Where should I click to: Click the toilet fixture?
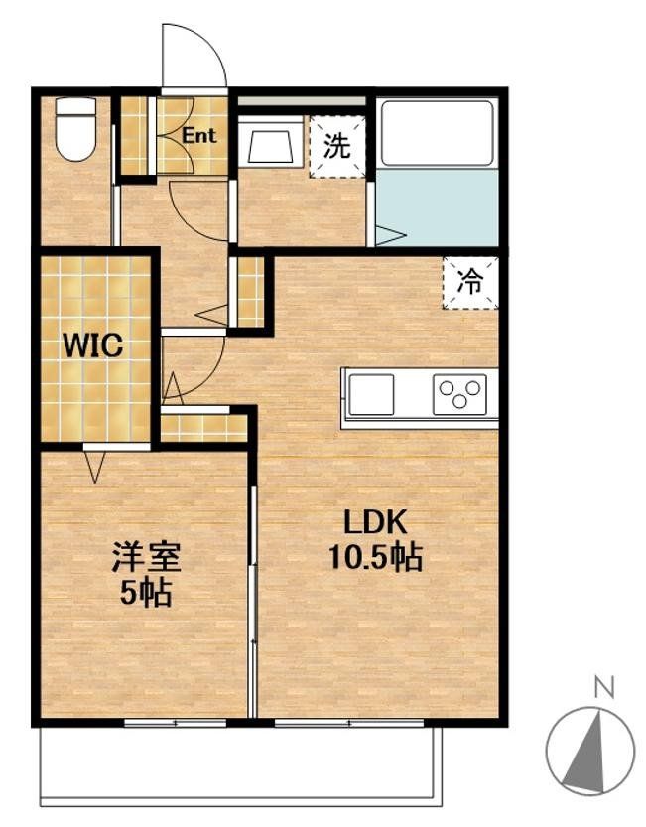pyautogui.click(x=74, y=127)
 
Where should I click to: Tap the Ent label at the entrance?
pyautogui.click(x=198, y=137)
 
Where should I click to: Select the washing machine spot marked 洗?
pyautogui.click(x=337, y=148)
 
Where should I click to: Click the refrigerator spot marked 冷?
pyautogui.click(x=469, y=282)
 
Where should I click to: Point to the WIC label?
pyautogui.click(x=92, y=346)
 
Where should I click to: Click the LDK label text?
pyautogui.click(x=376, y=523)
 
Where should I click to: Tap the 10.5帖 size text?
pyautogui.click(x=376, y=558)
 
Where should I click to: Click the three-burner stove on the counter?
pyautogui.click(x=459, y=394)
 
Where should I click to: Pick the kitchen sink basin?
pyautogui.click(x=372, y=394)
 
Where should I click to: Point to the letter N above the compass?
pyautogui.click(x=600, y=685)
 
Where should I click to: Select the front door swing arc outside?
pyautogui.click(x=196, y=55)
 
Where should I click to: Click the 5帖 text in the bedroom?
pyautogui.click(x=145, y=593)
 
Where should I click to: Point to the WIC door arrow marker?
pyautogui.click(x=95, y=465)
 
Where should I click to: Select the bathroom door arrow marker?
pyautogui.click(x=389, y=236)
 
